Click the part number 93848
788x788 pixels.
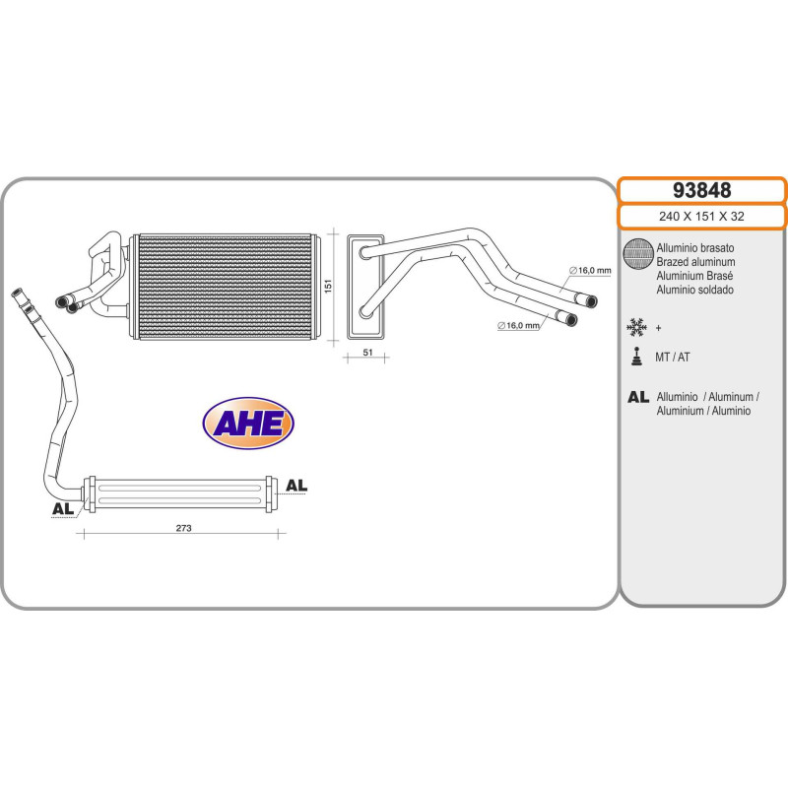[701, 190]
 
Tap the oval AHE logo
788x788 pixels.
[248, 424]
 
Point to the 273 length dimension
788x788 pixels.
[183, 528]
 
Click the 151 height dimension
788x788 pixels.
[328, 285]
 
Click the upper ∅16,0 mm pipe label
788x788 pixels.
[590, 270]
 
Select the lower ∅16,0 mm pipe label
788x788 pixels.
[519, 324]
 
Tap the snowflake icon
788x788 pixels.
[637, 326]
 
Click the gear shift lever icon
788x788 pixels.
[637, 357]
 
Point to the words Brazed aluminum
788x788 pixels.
[695, 263]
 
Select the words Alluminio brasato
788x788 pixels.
[694, 249]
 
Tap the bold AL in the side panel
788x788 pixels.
[637, 397]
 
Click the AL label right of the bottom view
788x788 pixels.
[296, 486]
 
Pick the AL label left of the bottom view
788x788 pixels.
[62, 509]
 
